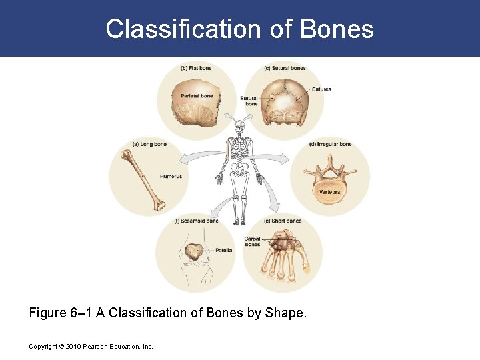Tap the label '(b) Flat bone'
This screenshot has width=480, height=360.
pyautogui.click(x=196, y=68)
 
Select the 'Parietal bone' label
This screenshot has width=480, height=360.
pyautogui.click(x=197, y=96)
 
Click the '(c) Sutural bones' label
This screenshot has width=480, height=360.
pyautogui.click(x=285, y=68)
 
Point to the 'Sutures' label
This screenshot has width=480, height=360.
pyautogui.click(x=321, y=89)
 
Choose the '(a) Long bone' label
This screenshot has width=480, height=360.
pyautogui.click(x=149, y=144)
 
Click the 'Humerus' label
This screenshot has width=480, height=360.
pyautogui.click(x=171, y=177)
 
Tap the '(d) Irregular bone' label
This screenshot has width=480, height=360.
pyautogui.click(x=331, y=144)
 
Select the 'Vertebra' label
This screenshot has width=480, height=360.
pyautogui.click(x=329, y=192)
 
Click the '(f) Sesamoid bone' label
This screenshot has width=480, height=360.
pyautogui.click(x=196, y=221)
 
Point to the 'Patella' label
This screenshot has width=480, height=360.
pyautogui.click(x=224, y=251)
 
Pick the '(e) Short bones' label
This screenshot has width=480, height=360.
pyautogui.click(x=283, y=221)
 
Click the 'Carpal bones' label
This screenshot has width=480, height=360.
pyautogui.click(x=252, y=241)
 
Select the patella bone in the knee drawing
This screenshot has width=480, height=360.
pyautogui.click(x=195, y=251)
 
